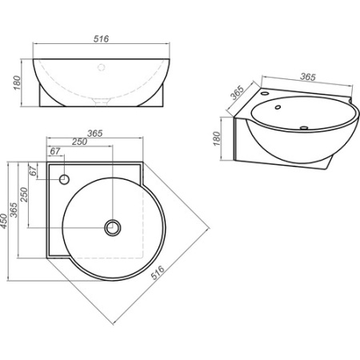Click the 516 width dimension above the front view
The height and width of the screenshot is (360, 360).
(101, 39)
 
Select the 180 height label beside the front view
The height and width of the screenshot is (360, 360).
(17, 82)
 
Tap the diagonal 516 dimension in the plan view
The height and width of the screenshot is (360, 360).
(158, 273)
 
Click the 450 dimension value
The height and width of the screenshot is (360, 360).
(4, 221)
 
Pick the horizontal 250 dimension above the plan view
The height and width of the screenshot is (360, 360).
(79, 142)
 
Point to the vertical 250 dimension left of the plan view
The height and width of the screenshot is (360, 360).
(24, 194)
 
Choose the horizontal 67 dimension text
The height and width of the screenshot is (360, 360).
(55, 151)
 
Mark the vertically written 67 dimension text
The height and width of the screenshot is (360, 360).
(33, 171)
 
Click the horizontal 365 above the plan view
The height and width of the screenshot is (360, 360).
(95, 133)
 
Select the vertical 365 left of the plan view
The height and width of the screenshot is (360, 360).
(14, 210)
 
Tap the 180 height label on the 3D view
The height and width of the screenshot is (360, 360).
(217, 138)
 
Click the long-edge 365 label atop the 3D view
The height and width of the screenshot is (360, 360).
(308, 77)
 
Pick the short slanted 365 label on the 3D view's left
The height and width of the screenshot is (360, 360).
(237, 93)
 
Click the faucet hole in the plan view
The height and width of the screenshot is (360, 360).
(64, 179)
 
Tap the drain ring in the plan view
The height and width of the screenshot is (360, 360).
(113, 228)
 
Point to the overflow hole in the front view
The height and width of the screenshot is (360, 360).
(101, 67)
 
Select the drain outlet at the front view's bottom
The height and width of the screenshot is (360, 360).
(101, 102)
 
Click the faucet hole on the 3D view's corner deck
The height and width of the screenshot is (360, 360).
(265, 94)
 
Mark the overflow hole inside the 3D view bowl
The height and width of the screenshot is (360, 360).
(278, 107)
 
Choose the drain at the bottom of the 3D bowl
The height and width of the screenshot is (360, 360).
(304, 128)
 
